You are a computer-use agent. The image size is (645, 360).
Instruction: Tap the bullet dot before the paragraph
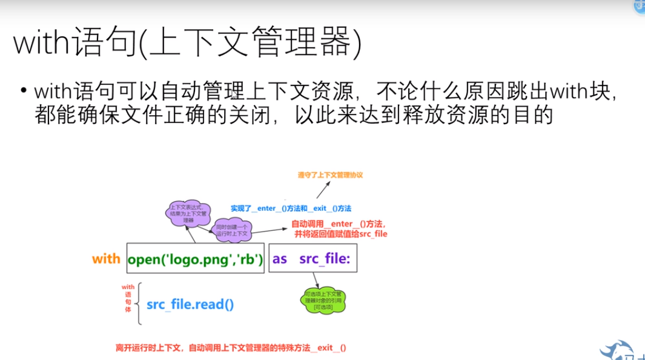pyautogui.click(x=23, y=91)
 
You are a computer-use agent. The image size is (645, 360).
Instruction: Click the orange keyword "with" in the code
pyautogui.click(x=106, y=259)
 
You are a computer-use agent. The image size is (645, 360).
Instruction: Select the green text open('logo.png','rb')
pyautogui.click(x=195, y=259)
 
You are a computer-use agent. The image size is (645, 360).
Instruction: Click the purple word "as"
pyautogui.click(x=280, y=259)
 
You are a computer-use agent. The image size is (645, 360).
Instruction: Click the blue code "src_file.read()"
pyautogui.click(x=190, y=304)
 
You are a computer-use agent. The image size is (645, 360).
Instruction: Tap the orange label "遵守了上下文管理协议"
pyautogui.click(x=329, y=175)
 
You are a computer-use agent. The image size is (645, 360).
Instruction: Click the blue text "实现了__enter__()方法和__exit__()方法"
pyautogui.click(x=291, y=208)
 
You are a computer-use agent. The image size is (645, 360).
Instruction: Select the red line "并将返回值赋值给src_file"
pyautogui.click(x=340, y=234)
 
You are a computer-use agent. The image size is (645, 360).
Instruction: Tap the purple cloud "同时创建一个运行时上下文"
pyautogui.click(x=233, y=230)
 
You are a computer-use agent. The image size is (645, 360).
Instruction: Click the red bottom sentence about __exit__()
pyautogui.click(x=231, y=348)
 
